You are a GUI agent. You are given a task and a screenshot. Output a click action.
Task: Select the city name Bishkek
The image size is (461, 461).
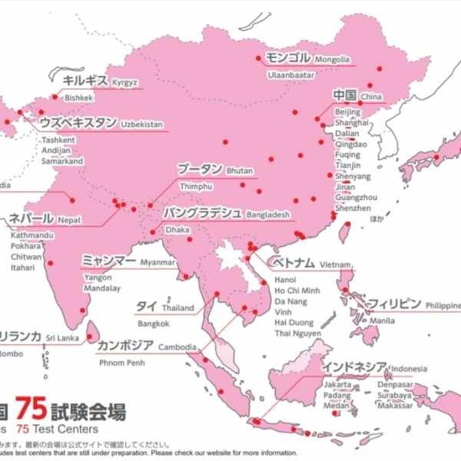[x=78, y=98]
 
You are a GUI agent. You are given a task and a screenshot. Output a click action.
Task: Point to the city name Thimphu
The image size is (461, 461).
[x=195, y=187]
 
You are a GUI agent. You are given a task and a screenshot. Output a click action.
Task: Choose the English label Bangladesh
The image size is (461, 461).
[x=268, y=214]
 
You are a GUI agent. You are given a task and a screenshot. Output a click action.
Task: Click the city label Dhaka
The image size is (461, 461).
[x=177, y=229]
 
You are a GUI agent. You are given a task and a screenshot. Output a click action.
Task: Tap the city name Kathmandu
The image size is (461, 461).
[x=32, y=234]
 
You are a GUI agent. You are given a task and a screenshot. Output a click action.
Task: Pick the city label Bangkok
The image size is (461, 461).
[x=154, y=323]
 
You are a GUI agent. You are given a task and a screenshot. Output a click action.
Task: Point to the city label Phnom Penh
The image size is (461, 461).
[x=121, y=363]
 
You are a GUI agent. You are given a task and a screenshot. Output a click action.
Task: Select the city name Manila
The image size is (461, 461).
[x=382, y=320]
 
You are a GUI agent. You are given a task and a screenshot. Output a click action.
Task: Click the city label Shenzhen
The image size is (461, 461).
[x=353, y=208]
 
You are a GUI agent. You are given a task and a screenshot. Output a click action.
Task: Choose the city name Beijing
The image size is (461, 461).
[x=347, y=112]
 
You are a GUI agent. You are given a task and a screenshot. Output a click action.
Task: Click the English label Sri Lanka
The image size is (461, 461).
[x=62, y=337]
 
